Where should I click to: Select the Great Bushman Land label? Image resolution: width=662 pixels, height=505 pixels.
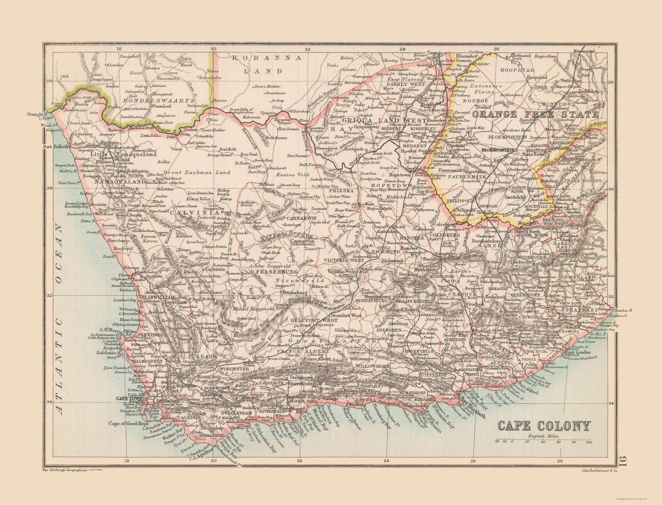(197, 173)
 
